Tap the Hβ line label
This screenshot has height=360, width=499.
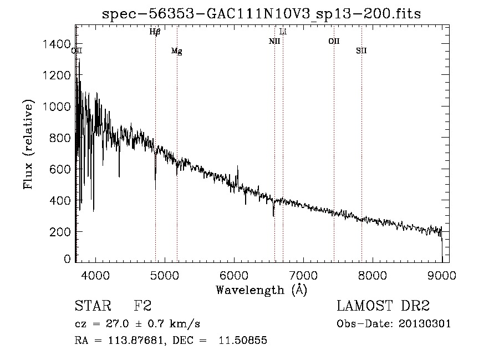(x=155, y=32)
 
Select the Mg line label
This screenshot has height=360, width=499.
(x=176, y=52)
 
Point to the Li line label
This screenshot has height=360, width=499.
(x=283, y=32)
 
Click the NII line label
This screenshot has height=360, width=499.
(x=274, y=41)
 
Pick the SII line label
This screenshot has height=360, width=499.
(x=361, y=51)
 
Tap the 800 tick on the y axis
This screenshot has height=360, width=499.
(x=62, y=138)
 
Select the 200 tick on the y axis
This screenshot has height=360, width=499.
(x=62, y=231)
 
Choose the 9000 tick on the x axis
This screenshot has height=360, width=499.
(x=442, y=275)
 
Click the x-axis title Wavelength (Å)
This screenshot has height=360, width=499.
(x=261, y=290)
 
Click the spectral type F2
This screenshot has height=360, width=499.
(x=142, y=306)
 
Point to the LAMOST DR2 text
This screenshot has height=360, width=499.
(x=382, y=306)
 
